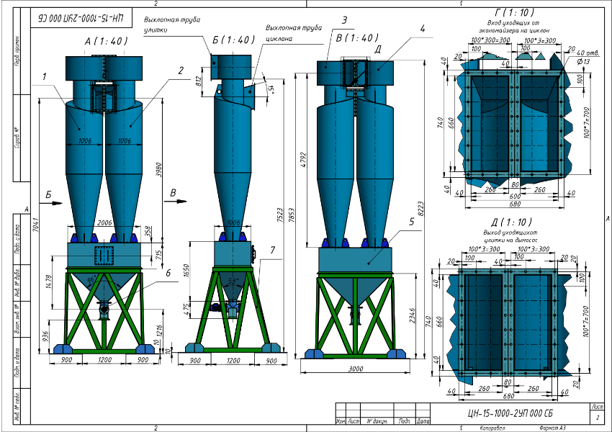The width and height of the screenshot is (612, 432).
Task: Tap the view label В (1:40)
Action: coord(358,37)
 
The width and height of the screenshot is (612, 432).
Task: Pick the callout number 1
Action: coord(45,76)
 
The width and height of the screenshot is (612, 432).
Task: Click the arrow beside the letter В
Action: coord(173,203)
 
